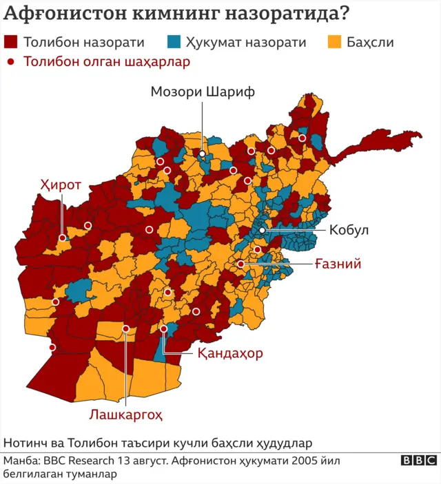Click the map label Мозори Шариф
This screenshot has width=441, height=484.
point(203,92)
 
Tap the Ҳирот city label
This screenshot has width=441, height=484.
point(61,185)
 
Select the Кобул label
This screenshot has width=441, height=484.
point(349,231)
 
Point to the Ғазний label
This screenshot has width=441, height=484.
point(338,264)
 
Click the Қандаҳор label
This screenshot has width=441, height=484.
point(230,354)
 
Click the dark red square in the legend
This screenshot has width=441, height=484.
point(10,42)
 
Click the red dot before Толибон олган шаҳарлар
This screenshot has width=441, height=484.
point(10,62)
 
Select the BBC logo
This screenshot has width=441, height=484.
point(418,461)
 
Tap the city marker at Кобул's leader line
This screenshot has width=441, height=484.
point(263,231)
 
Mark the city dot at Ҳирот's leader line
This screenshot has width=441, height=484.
point(62,238)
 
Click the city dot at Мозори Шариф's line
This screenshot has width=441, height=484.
point(203,154)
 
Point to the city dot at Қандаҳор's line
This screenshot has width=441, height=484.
point(163,329)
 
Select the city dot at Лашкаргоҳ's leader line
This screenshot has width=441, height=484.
point(125,329)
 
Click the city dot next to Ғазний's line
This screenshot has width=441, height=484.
point(241,264)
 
